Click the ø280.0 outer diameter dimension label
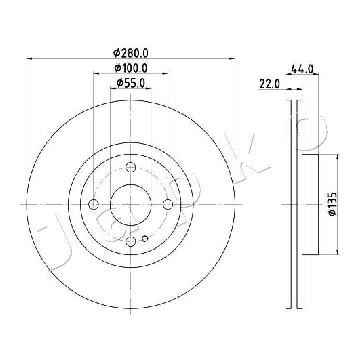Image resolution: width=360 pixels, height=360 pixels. [x=131, y=53]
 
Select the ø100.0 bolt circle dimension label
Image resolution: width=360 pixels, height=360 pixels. [x=131, y=68]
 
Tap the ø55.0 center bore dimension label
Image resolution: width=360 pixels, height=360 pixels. [x=131, y=83]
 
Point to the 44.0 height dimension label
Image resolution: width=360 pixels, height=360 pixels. [x=302, y=69]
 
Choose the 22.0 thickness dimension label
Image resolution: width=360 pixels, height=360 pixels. [x=270, y=84]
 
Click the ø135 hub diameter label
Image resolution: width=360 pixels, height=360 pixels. [x=332, y=204]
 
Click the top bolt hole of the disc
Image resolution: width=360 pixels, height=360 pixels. [x=131, y=167]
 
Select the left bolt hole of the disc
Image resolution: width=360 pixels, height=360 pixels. [x=93, y=204]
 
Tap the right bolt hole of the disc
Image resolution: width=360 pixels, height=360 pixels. [x=168, y=204]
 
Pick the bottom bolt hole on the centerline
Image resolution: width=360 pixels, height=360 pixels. [x=131, y=241]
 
